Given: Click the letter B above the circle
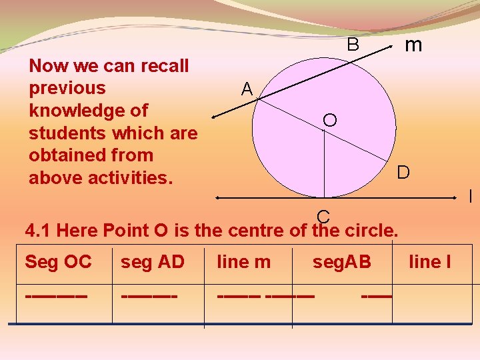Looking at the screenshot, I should point(353,45).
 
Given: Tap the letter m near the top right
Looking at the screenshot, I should point(413,45).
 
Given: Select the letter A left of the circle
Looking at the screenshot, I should point(247,89).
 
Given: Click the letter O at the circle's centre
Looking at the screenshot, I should point(329,120).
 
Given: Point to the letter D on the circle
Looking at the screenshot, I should point(403,173).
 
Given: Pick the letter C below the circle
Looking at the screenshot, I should point(323,217).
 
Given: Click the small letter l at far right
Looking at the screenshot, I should point(470,197).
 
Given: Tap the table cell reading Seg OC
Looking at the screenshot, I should point(58,262).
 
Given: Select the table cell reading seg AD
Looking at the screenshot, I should point(152,262).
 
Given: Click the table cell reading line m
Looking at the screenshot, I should point(244,262).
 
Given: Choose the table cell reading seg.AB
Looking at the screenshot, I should point(341,262).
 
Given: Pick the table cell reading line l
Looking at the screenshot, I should point(429,262).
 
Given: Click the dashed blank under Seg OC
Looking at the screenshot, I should point(56,293).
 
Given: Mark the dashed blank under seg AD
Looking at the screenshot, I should point(149,293).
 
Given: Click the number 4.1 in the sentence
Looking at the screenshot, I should point(38,231).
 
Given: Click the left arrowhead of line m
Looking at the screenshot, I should point(215,117).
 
